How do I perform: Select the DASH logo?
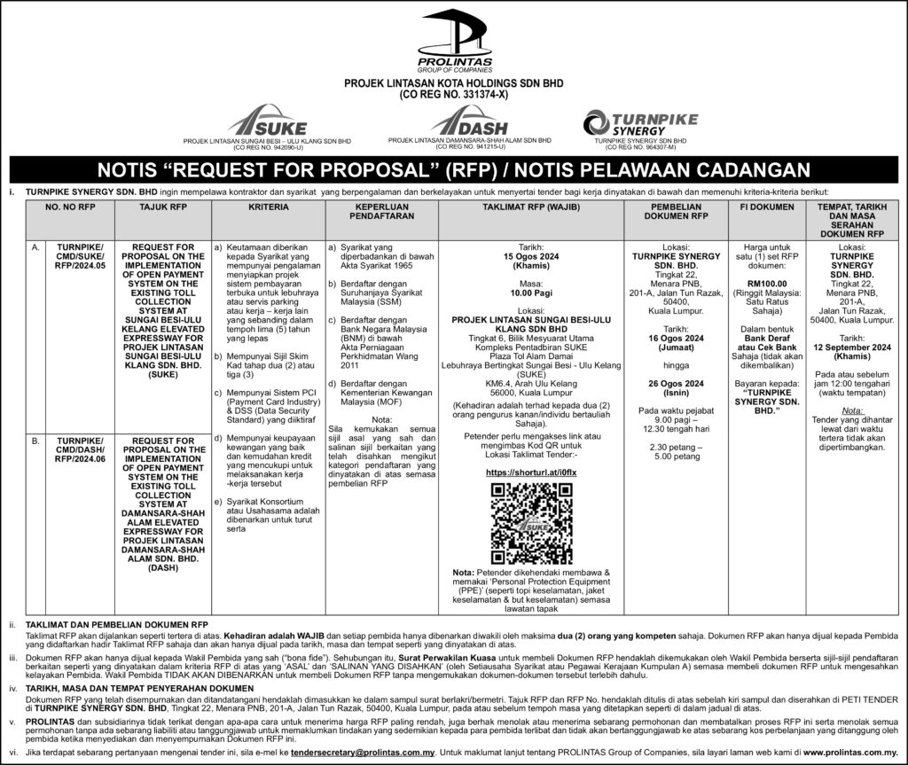[470, 121]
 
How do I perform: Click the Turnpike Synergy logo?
[639, 122]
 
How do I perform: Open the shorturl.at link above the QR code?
[521, 473]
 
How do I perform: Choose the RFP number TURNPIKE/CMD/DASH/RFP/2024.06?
[81, 449]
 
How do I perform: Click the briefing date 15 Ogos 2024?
[521, 257]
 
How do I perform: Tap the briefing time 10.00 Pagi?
[521, 291]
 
